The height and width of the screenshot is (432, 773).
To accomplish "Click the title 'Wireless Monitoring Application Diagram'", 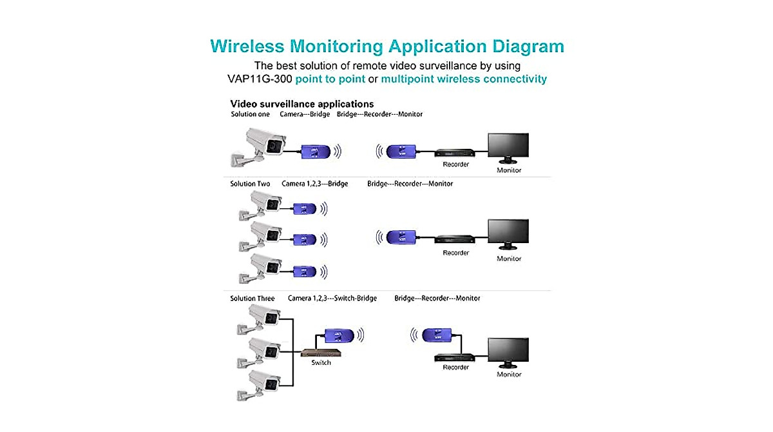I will click(x=386, y=46).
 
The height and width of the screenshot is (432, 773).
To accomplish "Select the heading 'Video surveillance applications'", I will click(x=302, y=104).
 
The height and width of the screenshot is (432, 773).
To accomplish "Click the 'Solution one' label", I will click(x=250, y=114).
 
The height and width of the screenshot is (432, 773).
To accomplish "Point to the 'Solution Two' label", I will click(x=250, y=184).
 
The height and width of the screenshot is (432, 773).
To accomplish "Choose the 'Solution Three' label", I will click(x=252, y=299).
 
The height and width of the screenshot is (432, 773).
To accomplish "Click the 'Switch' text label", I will click(x=321, y=363).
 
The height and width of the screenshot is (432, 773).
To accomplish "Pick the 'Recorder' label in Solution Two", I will click(x=455, y=253).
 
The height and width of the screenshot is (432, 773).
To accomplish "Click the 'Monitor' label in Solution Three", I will click(x=509, y=374).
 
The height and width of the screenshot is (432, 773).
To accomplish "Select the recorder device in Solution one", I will click(x=455, y=153).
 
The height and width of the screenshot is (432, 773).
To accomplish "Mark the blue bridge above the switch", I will click(x=338, y=335).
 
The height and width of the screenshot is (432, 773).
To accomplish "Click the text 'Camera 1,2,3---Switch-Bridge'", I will click(x=332, y=299).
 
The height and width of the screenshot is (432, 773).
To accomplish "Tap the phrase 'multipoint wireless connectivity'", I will click(x=464, y=79).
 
